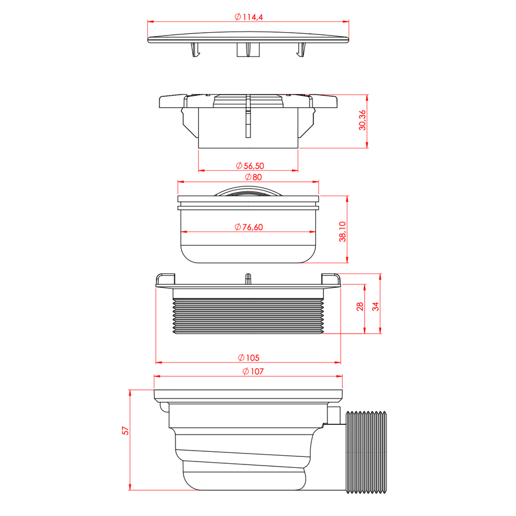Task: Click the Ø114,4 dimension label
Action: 248,17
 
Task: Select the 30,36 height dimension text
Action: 362,120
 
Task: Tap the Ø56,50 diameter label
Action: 250,166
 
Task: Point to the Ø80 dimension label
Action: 253,177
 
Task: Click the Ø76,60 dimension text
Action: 248,227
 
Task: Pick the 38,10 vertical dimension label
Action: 343,232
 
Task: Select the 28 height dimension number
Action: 359,307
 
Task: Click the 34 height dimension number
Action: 376,307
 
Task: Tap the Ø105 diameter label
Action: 248,357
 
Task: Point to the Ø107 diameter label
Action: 253,371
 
